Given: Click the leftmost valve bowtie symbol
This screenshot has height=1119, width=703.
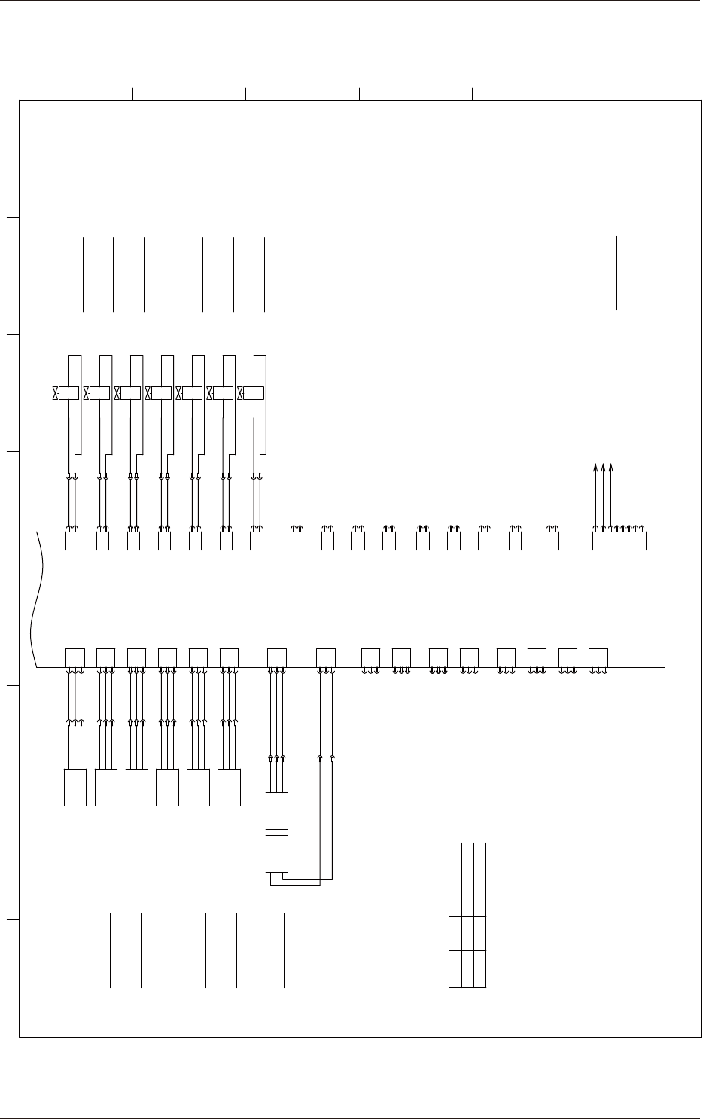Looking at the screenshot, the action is [56, 393].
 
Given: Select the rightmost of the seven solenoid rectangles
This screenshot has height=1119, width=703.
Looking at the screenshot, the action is [254, 393].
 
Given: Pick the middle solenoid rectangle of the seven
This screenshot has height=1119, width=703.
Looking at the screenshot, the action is [162, 393].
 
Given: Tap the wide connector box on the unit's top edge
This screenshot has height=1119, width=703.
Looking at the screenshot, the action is [619, 541].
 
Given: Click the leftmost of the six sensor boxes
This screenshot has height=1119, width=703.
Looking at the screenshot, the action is [75, 788].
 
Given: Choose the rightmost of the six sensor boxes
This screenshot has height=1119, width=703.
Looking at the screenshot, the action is [229, 788].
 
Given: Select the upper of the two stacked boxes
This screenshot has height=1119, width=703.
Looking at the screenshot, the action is [278, 811].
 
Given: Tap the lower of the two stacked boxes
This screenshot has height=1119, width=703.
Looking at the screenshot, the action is [278, 853].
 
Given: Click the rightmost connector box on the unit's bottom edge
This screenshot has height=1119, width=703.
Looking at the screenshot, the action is [598, 657].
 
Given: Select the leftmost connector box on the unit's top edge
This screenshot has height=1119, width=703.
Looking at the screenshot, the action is [72, 541].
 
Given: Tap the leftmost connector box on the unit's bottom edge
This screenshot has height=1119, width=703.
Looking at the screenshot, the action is [75, 657].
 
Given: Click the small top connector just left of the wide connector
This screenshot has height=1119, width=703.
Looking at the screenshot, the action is [552, 541].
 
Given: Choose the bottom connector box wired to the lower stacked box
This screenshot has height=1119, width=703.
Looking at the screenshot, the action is [326, 657].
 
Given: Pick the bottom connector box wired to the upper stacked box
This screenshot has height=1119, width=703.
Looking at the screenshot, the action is [277, 657].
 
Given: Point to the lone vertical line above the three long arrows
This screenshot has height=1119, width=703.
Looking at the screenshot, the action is [616, 273].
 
